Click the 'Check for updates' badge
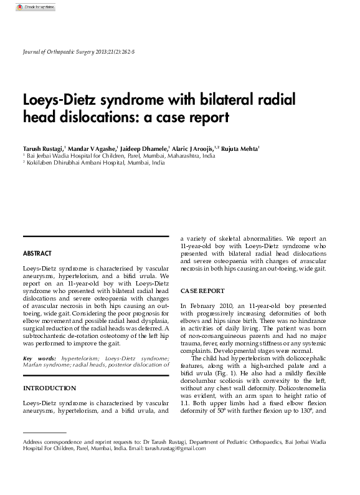click(x=36, y=7)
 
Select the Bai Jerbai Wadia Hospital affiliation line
click(x=120, y=156)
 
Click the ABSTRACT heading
click(x=37, y=254)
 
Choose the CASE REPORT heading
click(x=202, y=291)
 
